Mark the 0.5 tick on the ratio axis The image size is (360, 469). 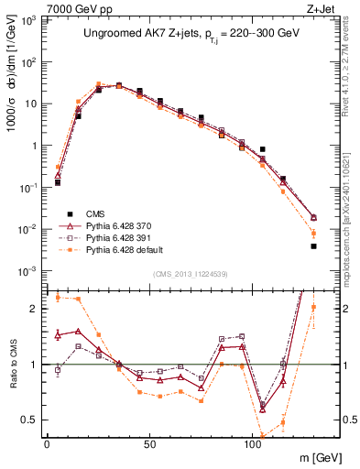point(34,420)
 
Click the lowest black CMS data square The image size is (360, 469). point(313,245)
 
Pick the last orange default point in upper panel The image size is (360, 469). point(313,233)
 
